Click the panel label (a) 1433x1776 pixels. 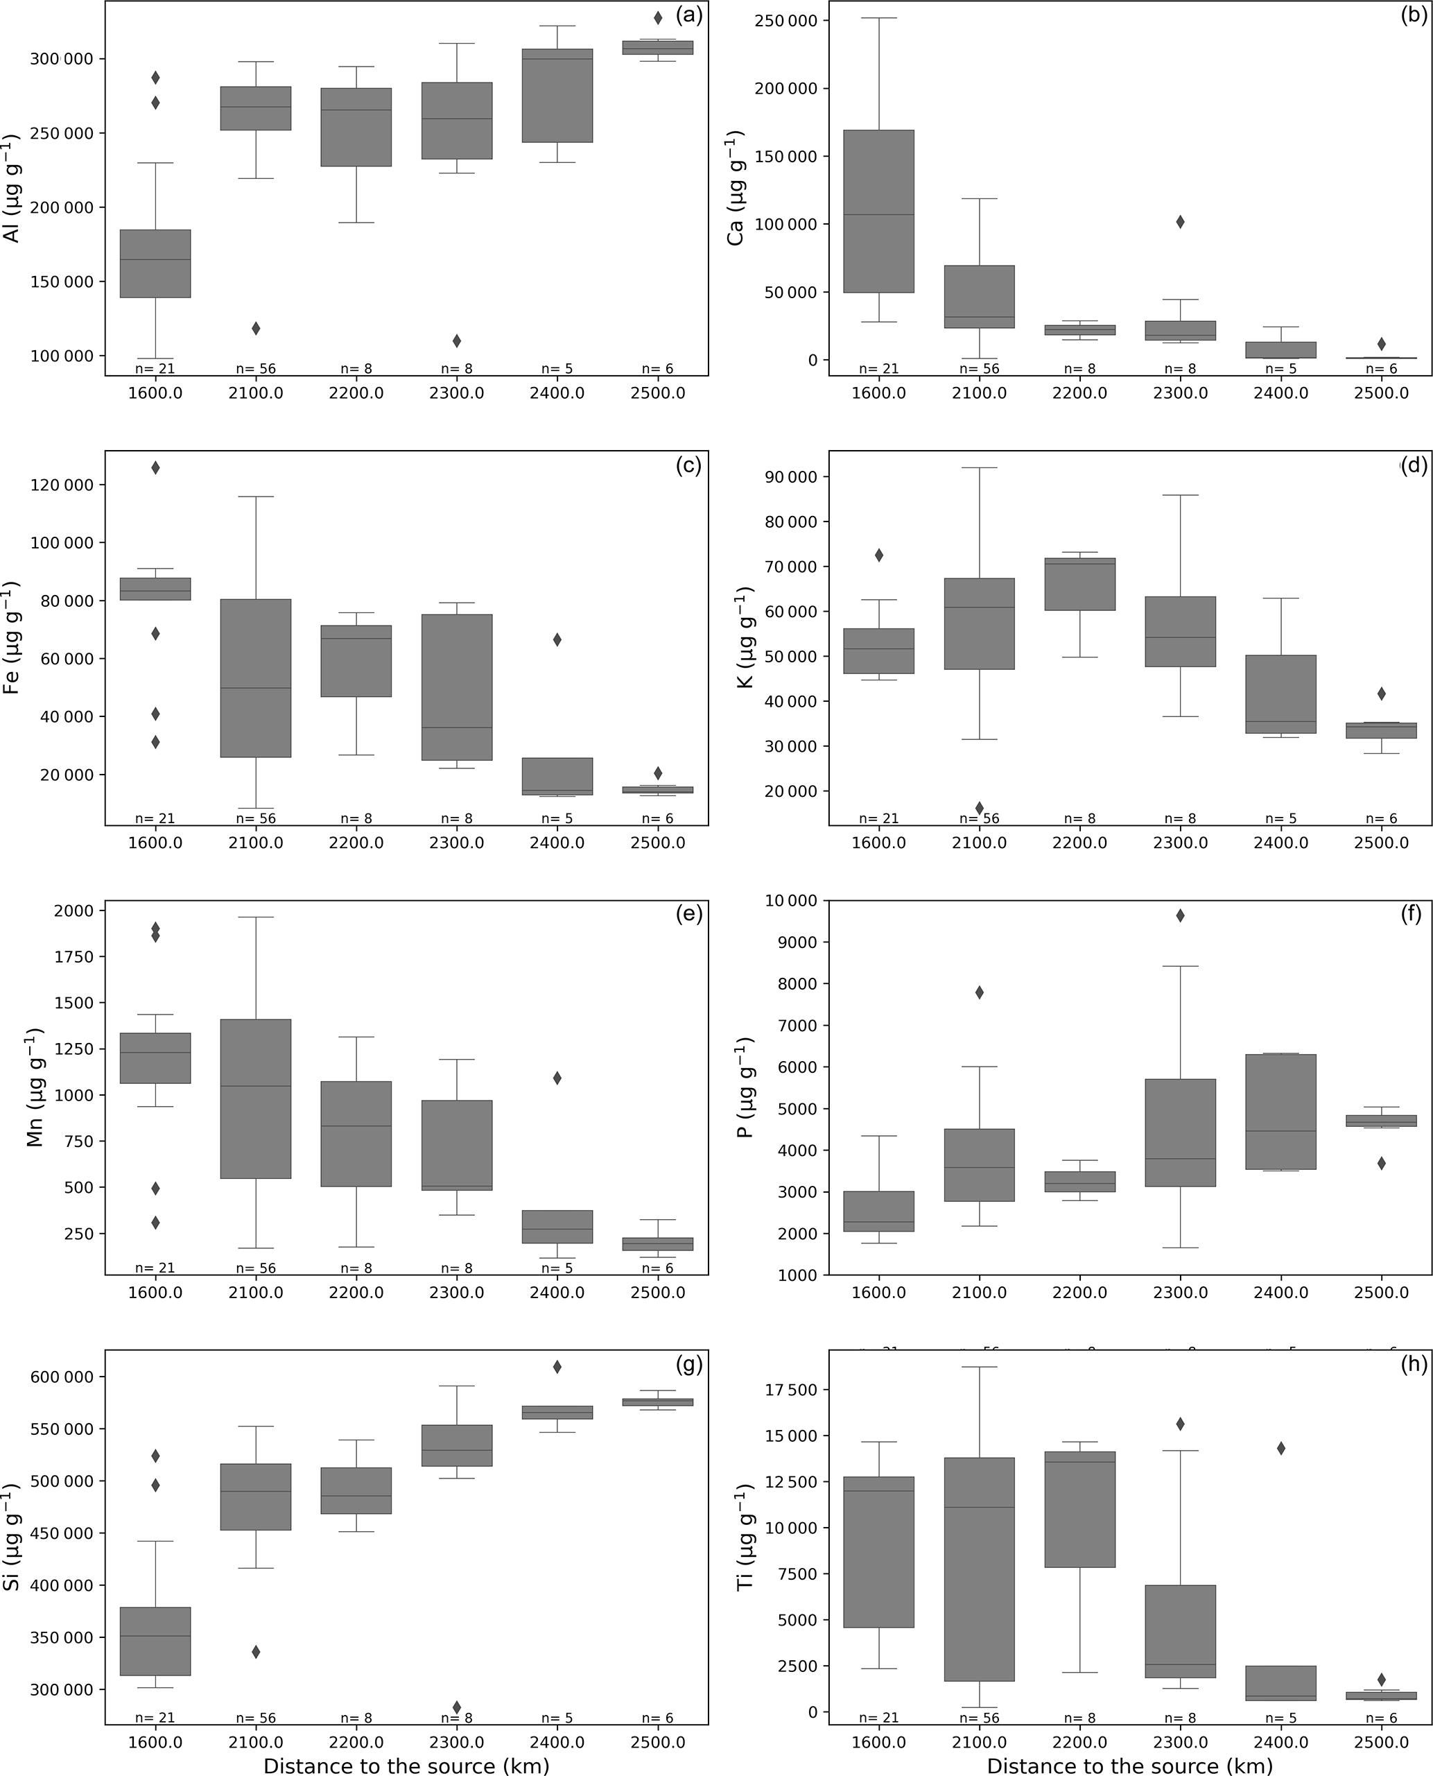click(x=688, y=16)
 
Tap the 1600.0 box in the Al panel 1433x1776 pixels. click(x=155, y=264)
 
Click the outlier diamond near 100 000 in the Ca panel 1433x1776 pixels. click(x=1181, y=222)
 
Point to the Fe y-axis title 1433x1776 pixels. click(x=13, y=637)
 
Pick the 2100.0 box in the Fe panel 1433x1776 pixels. click(x=256, y=678)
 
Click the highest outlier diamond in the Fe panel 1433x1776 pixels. click(x=155, y=467)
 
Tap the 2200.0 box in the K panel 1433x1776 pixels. click(x=1079, y=585)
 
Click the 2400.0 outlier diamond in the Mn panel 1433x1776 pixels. click(x=557, y=1078)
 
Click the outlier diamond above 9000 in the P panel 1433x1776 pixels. click(x=1181, y=915)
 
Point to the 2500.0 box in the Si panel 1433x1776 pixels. click(x=658, y=1402)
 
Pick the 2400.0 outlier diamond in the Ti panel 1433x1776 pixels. click(x=1281, y=1448)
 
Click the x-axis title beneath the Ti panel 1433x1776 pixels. click(x=1129, y=1766)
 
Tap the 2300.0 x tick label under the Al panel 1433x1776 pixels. click(x=456, y=393)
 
